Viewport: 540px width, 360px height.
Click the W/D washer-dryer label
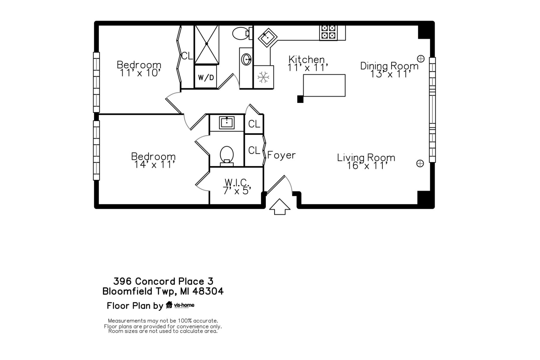206,77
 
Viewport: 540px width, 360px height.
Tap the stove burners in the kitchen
328,32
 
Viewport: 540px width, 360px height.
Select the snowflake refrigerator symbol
263,77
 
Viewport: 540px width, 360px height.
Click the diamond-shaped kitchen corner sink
267,37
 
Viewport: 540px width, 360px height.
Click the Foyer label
281,155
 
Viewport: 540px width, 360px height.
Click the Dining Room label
389,66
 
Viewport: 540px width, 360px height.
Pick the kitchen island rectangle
324,85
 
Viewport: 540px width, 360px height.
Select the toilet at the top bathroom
240,33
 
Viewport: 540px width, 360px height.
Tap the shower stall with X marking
207,44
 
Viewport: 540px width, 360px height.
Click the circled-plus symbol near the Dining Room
421,59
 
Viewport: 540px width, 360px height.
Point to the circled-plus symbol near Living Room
420,163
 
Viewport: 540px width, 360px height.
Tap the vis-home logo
180,305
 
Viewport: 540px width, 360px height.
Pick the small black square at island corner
300,99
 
